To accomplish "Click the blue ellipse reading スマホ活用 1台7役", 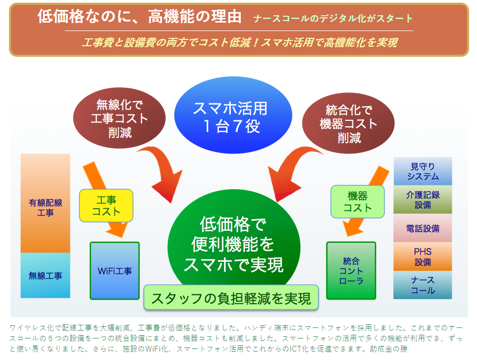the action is pyautogui.click(x=233, y=115).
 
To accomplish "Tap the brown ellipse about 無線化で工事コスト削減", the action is pyautogui.click(x=119, y=118).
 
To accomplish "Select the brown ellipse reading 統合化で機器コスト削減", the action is pyautogui.click(x=348, y=123).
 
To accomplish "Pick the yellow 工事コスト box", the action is pyautogui.click(x=106, y=205).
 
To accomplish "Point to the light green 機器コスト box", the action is pyautogui.click(x=358, y=202).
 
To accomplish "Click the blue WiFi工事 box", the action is pyautogui.click(x=115, y=271).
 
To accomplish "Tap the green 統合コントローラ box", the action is pyautogui.click(x=351, y=271).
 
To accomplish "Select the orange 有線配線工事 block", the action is pyautogui.click(x=45, y=203).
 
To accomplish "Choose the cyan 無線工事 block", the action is pyautogui.click(x=45, y=275).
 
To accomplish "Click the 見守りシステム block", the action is pyautogui.click(x=423, y=171).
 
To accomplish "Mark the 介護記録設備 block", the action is pyautogui.click(x=423, y=200).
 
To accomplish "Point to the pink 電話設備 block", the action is pyautogui.click(x=423, y=228).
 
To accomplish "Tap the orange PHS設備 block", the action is pyautogui.click(x=423, y=256).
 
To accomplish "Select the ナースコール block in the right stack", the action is pyautogui.click(x=423, y=285).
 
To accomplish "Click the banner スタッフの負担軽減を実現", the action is pyautogui.click(x=231, y=297).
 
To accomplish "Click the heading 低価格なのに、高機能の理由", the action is pyautogui.click(x=140, y=16).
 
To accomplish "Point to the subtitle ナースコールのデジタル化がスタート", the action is pyautogui.click(x=333, y=18).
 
